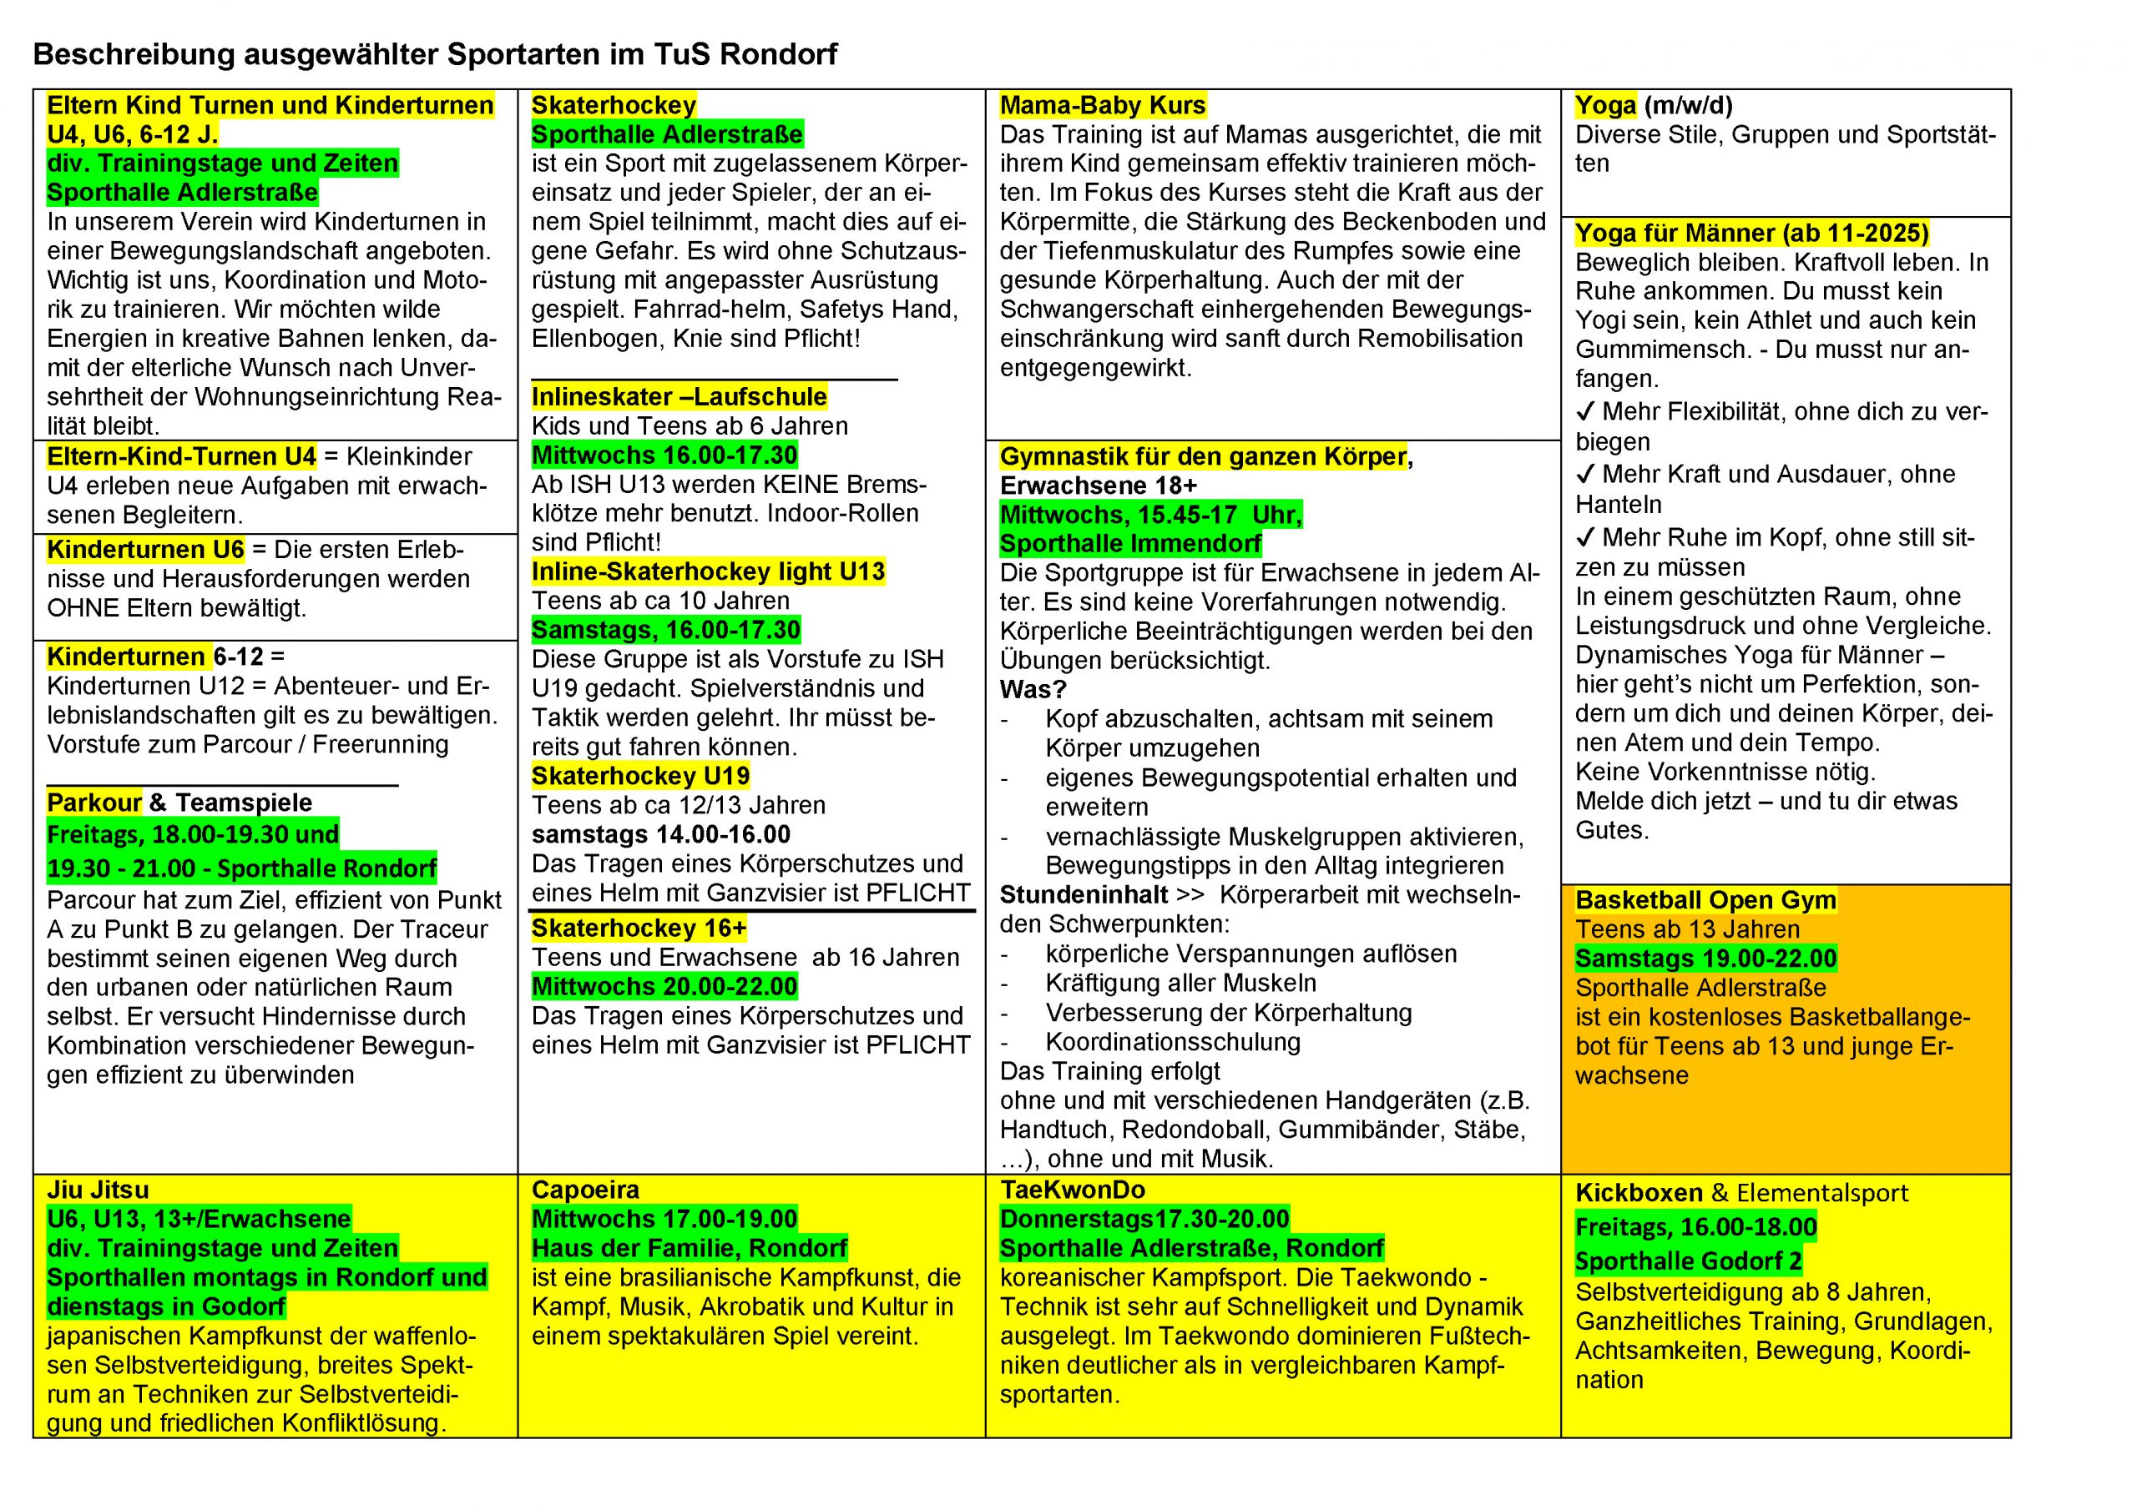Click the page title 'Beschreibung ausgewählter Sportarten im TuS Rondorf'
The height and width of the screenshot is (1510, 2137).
[x=435, y=54]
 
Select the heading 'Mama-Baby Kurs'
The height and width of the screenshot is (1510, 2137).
[x=1102, y=105]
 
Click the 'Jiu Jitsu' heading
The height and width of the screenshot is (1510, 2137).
[x=98, y=1190]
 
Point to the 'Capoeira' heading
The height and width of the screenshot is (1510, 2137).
[x=585, y=1190]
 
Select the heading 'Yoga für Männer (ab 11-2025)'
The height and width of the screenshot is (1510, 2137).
[x=1751, y=233]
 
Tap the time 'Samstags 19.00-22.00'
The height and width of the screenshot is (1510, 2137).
[x=1705, y=959]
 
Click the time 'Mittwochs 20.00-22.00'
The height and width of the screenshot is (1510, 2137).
[x=664, y=986]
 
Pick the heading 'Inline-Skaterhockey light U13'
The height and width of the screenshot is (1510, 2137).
[x=709, y=571]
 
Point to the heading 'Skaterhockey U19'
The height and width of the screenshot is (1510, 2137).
[x=640, y=776]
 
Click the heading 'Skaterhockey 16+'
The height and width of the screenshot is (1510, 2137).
[x=639, y=929]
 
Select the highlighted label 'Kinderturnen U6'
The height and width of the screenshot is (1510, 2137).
[x=145, y=550]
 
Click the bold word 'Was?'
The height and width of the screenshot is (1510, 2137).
[x=1033, y=689]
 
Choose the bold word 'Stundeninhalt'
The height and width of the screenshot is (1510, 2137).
[x=1084, y=895]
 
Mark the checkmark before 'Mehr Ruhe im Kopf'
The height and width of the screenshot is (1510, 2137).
[x=1585, y=538]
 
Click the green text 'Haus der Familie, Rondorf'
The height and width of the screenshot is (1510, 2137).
[x=690, y=1248]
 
